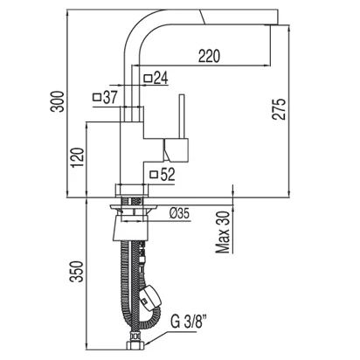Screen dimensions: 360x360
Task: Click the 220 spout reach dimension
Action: [209, 56]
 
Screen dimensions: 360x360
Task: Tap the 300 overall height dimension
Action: [57, 101]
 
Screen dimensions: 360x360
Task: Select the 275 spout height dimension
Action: [279, 109]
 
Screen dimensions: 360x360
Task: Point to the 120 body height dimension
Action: [78, 157]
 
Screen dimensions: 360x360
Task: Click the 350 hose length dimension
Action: [76, 272]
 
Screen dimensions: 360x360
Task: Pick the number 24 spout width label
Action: [161, 78]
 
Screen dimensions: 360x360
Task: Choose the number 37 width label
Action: [110, 97]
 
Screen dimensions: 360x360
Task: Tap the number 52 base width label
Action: [168, 175]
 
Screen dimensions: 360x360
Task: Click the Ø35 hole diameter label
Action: [179, 214]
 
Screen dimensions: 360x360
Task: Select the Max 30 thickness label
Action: [223, 232]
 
